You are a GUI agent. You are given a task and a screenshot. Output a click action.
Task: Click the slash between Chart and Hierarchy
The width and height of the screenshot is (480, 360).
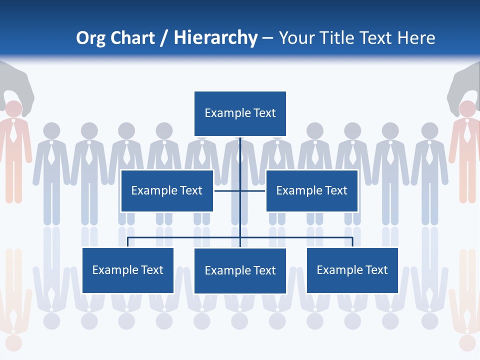click(164, 38)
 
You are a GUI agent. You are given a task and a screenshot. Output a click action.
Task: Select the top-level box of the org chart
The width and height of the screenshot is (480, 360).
click(240, 113)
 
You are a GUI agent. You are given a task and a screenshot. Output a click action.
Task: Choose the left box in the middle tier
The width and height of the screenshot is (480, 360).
click(167, 190)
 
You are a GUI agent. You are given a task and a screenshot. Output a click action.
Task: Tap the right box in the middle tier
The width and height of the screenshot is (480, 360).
click(311, 190)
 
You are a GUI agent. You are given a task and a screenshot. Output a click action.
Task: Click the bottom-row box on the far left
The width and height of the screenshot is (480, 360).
click(128, 270)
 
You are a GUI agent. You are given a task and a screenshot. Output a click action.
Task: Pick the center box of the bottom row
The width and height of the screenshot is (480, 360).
click(240, 270)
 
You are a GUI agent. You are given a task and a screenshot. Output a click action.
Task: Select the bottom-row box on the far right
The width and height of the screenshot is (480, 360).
click(352, 270)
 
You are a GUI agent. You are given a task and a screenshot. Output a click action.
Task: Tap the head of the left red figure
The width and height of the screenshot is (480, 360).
click(13, 109)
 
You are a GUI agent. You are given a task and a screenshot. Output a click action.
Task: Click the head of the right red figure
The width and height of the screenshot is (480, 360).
click(467, 109)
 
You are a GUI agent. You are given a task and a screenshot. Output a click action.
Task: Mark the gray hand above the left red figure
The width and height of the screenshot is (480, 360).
click(18, 82)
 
